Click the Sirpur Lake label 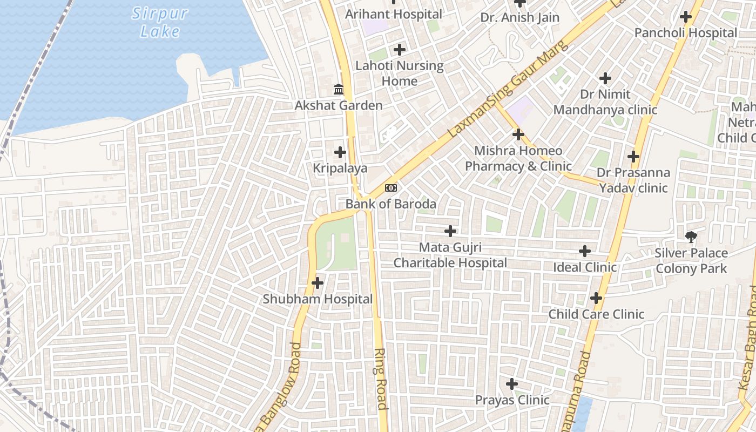point(156,22)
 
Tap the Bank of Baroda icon point(391,188)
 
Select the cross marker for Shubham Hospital point(318,282)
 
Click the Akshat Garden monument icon point(339,89)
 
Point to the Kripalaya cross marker point(340,152)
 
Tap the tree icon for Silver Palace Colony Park point(691,237)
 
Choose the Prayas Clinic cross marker point(512,384)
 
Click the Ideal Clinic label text point(585,267)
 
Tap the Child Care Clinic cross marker point(596,298)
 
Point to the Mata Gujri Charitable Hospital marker point(450,231)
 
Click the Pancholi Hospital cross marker point(686,17)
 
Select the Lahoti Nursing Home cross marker point(400,50)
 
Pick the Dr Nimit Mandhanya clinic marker point(605,78)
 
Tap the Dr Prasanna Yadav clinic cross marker point(633,157)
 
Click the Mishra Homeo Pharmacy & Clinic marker point(518,134)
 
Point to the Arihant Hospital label point(394,15)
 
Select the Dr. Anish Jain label point(520,18)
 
